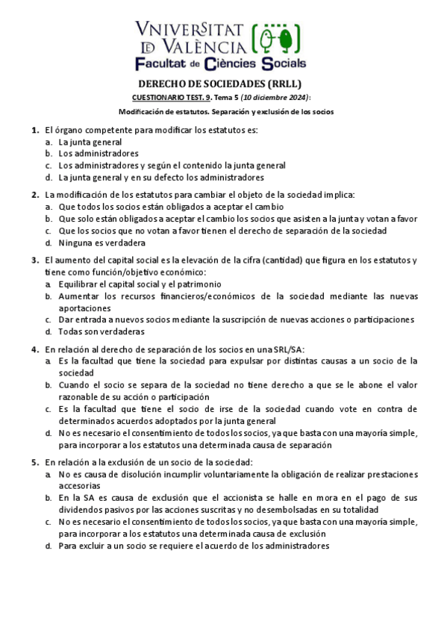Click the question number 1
34,130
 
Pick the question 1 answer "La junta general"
90,142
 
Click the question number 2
34,195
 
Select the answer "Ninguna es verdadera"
101,243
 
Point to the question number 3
34,261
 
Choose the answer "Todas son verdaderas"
101,331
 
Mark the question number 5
34,462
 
